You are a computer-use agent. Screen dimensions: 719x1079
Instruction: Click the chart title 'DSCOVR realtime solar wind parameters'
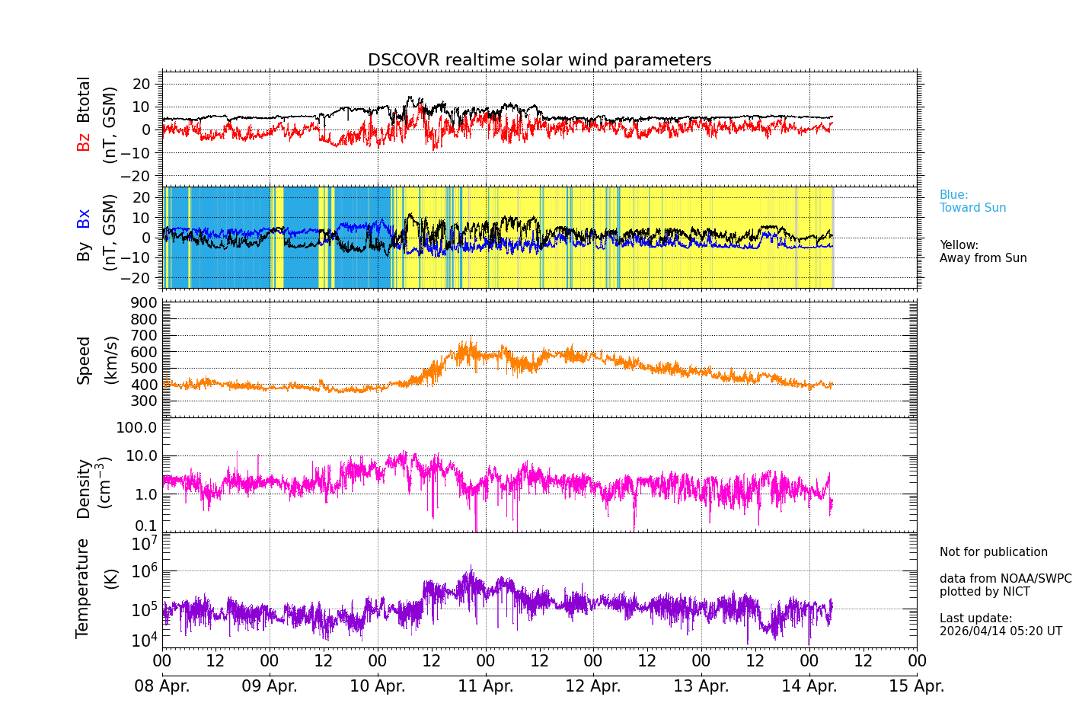[539, 60]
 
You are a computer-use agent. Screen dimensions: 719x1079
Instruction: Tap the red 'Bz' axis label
[84, 142]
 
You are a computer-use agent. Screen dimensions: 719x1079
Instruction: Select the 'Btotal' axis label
[84, 99]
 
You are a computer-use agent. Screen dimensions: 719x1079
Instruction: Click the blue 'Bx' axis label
[84, 218]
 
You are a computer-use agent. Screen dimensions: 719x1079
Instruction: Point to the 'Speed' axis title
[84, 360]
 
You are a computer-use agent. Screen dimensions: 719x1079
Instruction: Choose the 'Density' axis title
[84, 488]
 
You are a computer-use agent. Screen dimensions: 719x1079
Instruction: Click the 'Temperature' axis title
[83, 587]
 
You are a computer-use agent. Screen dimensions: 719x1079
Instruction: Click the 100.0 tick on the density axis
[137, 427]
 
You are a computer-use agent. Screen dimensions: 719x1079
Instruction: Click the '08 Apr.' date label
[162, 685]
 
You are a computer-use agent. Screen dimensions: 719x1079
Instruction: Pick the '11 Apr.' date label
[486, 685]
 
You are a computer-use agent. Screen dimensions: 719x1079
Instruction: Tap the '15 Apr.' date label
[917, 685]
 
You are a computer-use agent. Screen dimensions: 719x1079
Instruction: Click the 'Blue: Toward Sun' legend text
[972, 201]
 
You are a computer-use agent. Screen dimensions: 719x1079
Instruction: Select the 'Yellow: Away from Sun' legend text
[982, 251]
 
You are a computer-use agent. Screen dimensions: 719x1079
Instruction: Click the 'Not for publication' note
[993, 552]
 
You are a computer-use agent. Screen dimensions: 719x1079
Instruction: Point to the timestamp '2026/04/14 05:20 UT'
[1000, 631]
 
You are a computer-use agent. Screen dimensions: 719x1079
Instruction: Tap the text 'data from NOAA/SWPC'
[1005, 579]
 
